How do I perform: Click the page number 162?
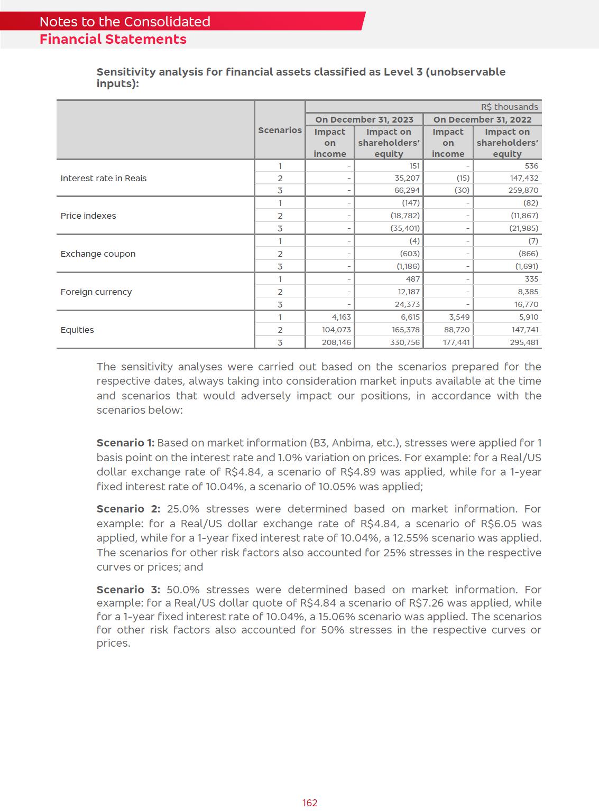tap(310, 803)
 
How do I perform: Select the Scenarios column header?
tap(280, 130)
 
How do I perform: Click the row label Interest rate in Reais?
tap(104, 178)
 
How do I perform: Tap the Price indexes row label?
tap(88, 216)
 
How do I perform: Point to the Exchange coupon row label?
tap(98, 254)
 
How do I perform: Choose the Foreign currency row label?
tap(96, 292)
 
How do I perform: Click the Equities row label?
tap(77, 330)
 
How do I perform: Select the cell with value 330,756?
tap(404, 342)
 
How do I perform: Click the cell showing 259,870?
tap(524, 190)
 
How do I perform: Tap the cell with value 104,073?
tap(336, 330)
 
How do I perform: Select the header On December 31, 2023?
tap(364, 119)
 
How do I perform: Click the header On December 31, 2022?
tap(482, 119)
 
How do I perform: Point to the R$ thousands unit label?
tap(509, 107)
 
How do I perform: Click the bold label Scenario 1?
tap(125, 443)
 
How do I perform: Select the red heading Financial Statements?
tap(113, 40)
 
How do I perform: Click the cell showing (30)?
tap(463, 190)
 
